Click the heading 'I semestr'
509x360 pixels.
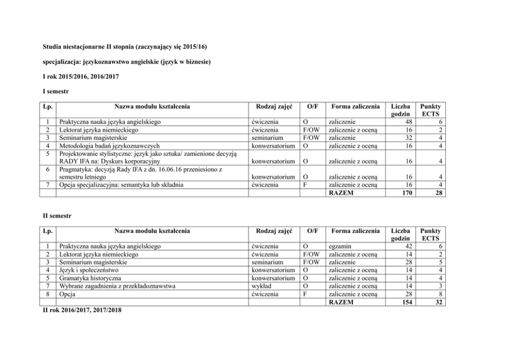pos(55,91)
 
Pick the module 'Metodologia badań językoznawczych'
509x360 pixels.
pos(109,145)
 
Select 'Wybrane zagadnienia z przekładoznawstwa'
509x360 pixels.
pos(118,286)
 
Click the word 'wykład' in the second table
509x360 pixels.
pos(262,286)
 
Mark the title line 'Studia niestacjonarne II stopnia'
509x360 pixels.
pos(126,47)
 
